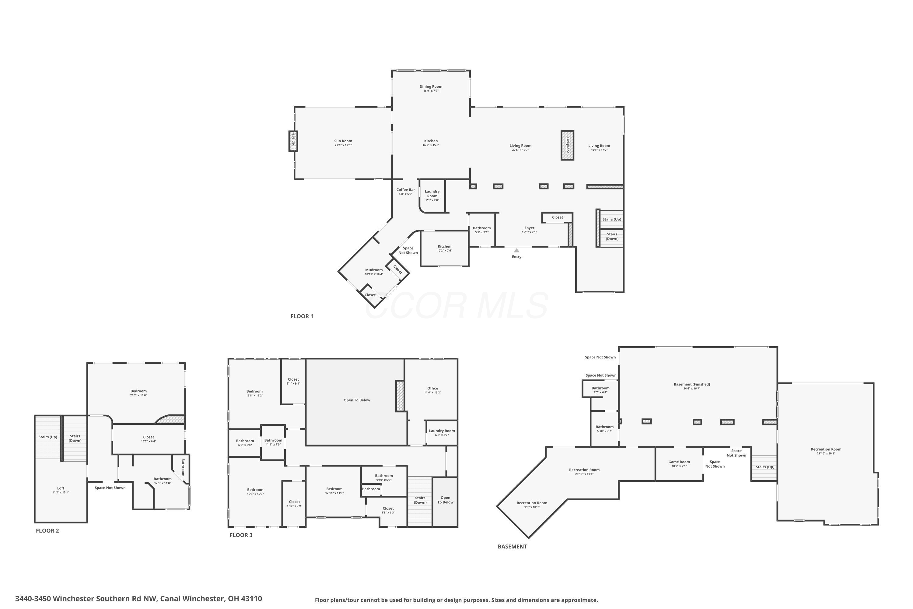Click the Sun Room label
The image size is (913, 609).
coord(343,141)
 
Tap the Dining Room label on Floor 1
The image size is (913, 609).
coord(431,86)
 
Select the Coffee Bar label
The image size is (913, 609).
coord(406,189)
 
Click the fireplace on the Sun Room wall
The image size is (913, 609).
coord(293,141)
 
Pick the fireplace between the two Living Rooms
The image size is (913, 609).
coord(567,145)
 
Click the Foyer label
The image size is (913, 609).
coord(530,228)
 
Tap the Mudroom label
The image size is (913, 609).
coord(374,270)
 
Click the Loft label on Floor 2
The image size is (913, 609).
coord(61,488)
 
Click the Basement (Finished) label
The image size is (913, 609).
coord(692,384)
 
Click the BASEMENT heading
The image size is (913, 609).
coord(512,547)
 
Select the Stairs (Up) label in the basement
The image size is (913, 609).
coord(765,467)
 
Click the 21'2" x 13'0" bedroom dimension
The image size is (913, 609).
coord(138,395)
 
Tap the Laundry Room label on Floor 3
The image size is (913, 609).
coord(442,431)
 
